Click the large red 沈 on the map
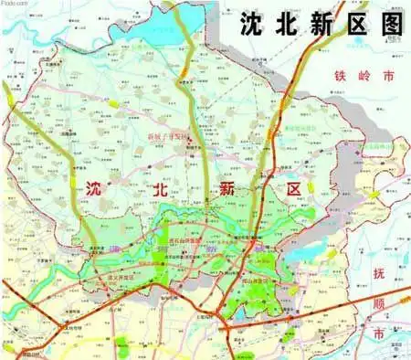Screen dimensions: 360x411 click(x=94, y=189)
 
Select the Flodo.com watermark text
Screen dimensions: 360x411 click(x=14, y=4)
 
